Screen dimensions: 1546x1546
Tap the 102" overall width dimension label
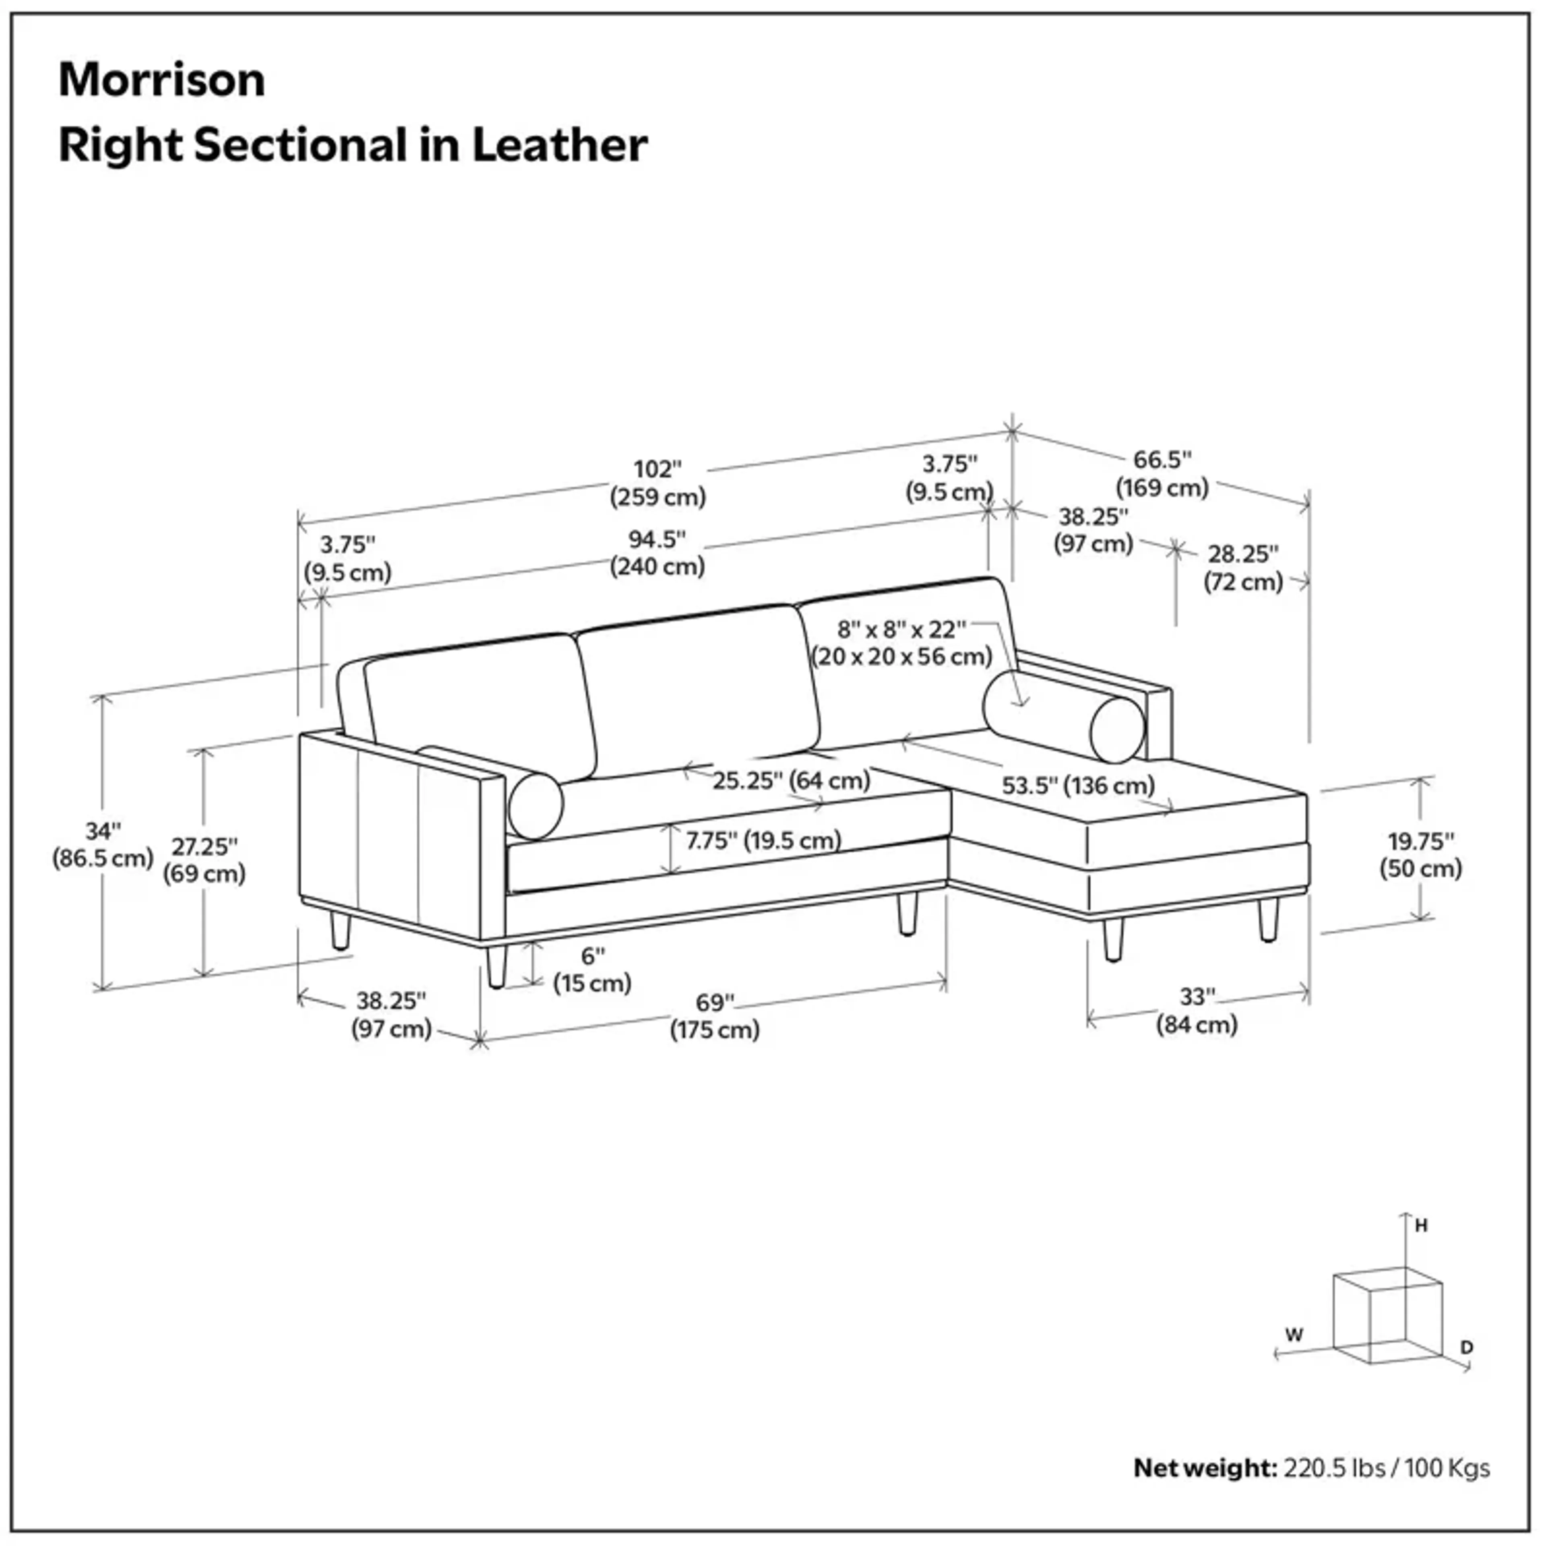tap(658, 483)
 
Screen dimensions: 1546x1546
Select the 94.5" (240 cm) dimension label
tap(658, 552)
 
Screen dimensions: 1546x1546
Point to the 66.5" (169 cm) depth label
tap(1162, 474)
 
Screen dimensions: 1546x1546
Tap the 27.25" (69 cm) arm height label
tap(204, 860)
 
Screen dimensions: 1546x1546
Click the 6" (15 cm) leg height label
tap(592, 969)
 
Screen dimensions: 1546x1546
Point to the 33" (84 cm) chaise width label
tap(1197, 1011)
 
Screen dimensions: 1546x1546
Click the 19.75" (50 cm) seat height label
tap(1420, 855)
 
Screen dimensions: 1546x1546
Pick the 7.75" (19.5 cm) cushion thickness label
tap(763, 839)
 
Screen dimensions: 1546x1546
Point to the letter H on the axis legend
tap(1421, 1225)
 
